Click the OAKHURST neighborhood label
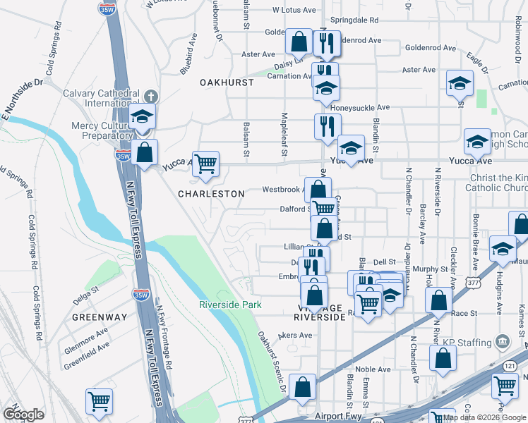tap(226, 82)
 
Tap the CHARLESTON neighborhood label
tap(211, 193)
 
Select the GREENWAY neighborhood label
tap(100, 317)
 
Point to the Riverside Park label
tap(230, 305)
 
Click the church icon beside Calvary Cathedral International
tap(150, 96)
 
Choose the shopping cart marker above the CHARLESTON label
tap(205, 164)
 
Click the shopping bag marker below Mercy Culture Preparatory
tap(144, 152)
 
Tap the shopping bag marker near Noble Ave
tap(442, 357)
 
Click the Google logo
tap(23, 414)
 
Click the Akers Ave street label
tap(295, 335)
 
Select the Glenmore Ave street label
tap(86, 333)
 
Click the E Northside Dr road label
tap(22, 92)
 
